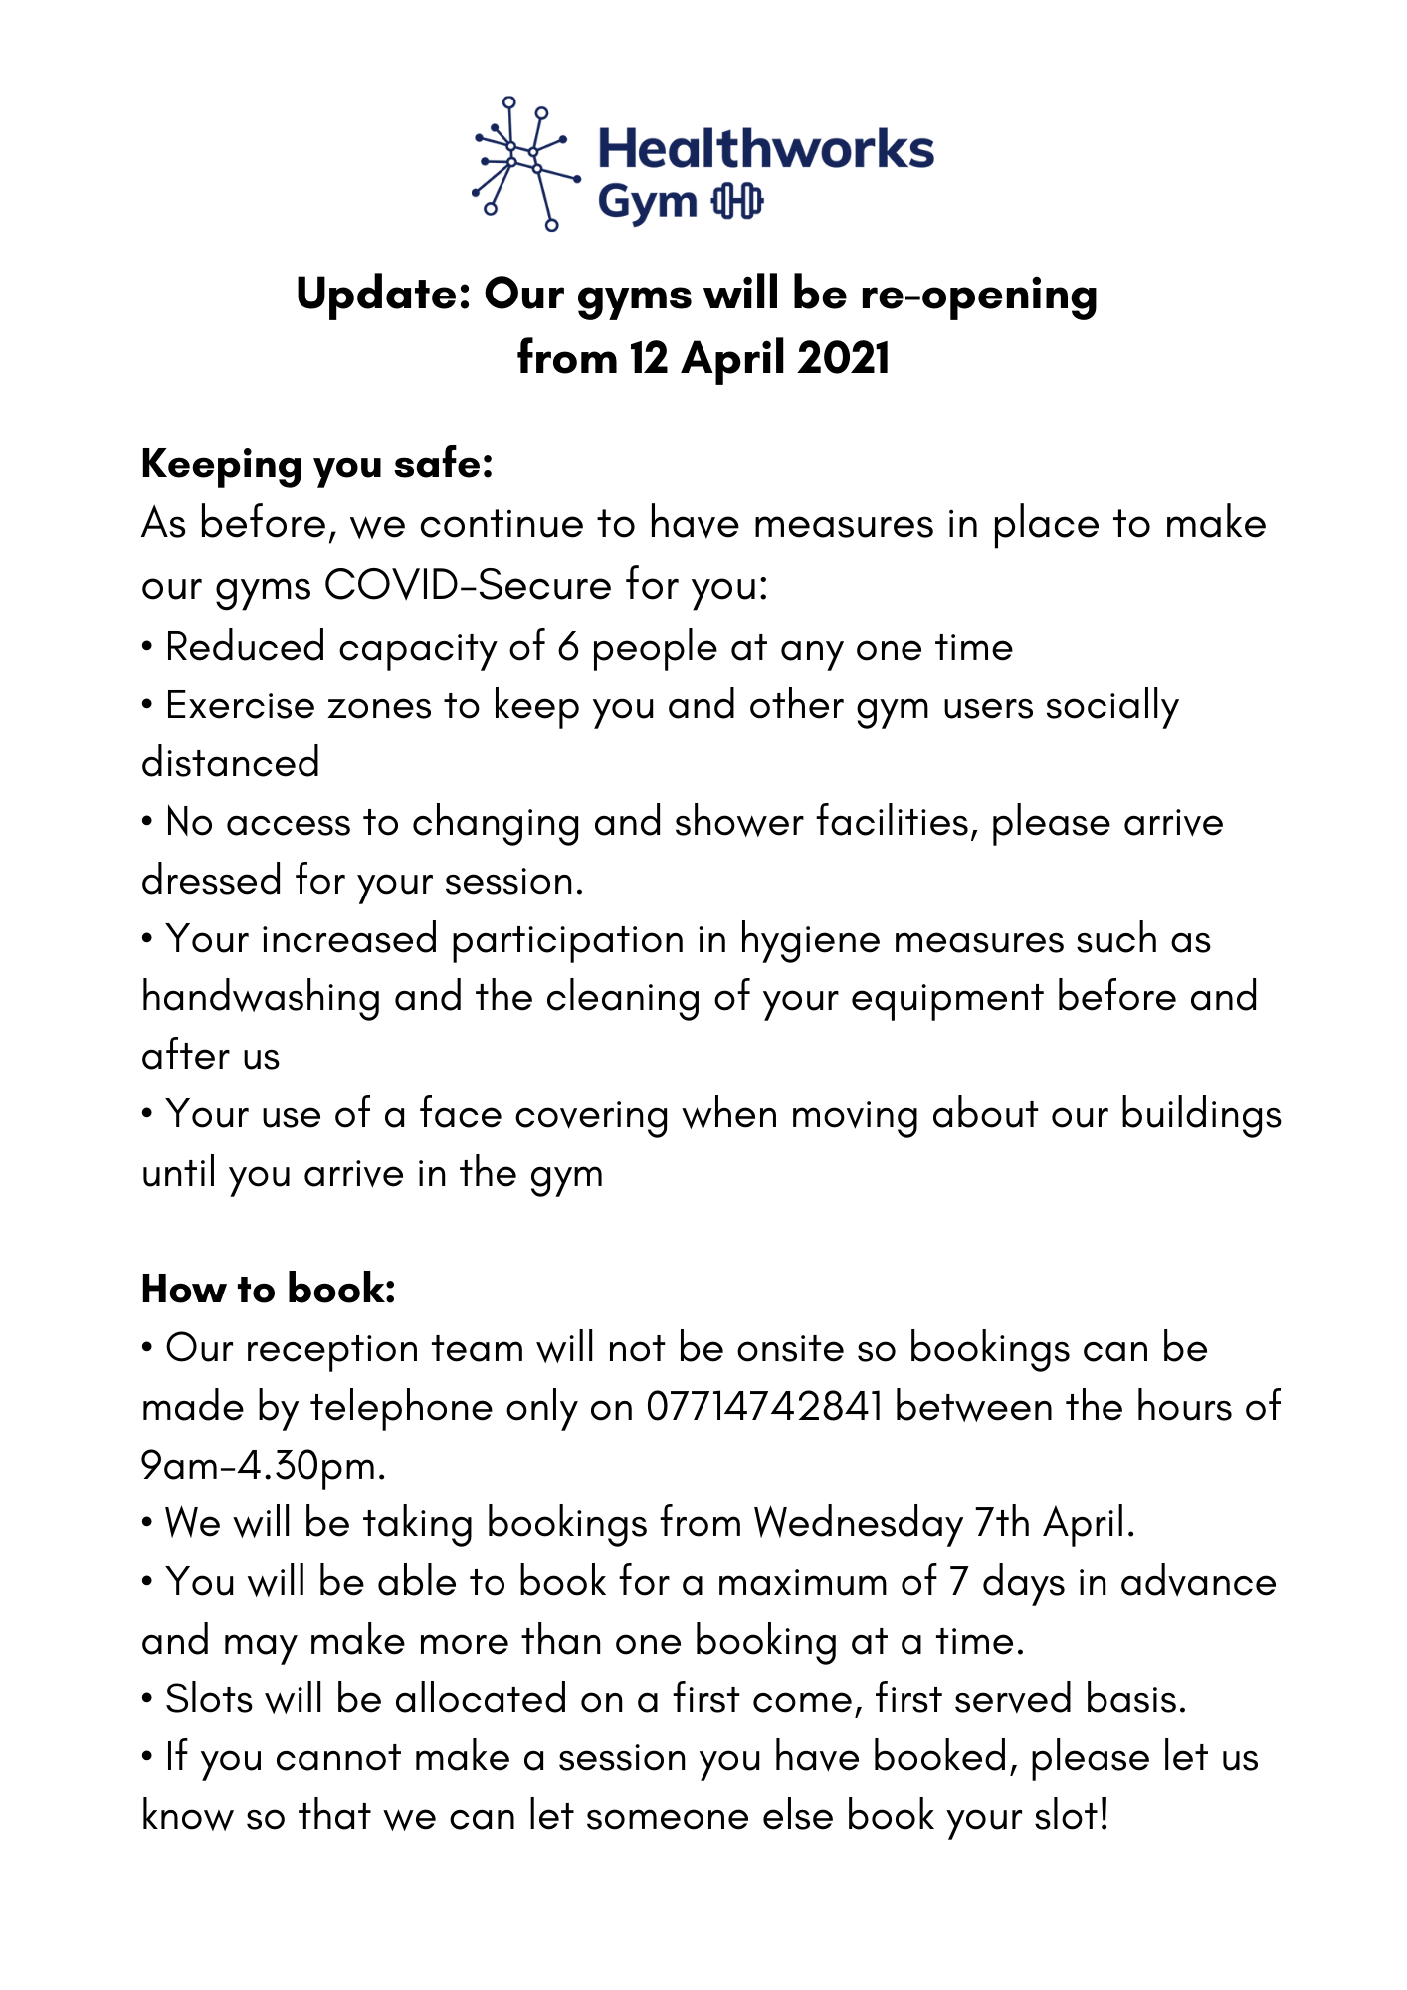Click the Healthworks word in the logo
click(765, 149)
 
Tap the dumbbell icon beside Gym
click(737, 202)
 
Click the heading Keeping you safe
click(317, 464)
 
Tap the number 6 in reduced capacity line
click(568, 647)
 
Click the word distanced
click(231, 763)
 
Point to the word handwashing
click(261, 997)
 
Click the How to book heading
click(269, 1290)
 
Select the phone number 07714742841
click(764, 1407)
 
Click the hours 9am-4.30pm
click(263, 1466)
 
